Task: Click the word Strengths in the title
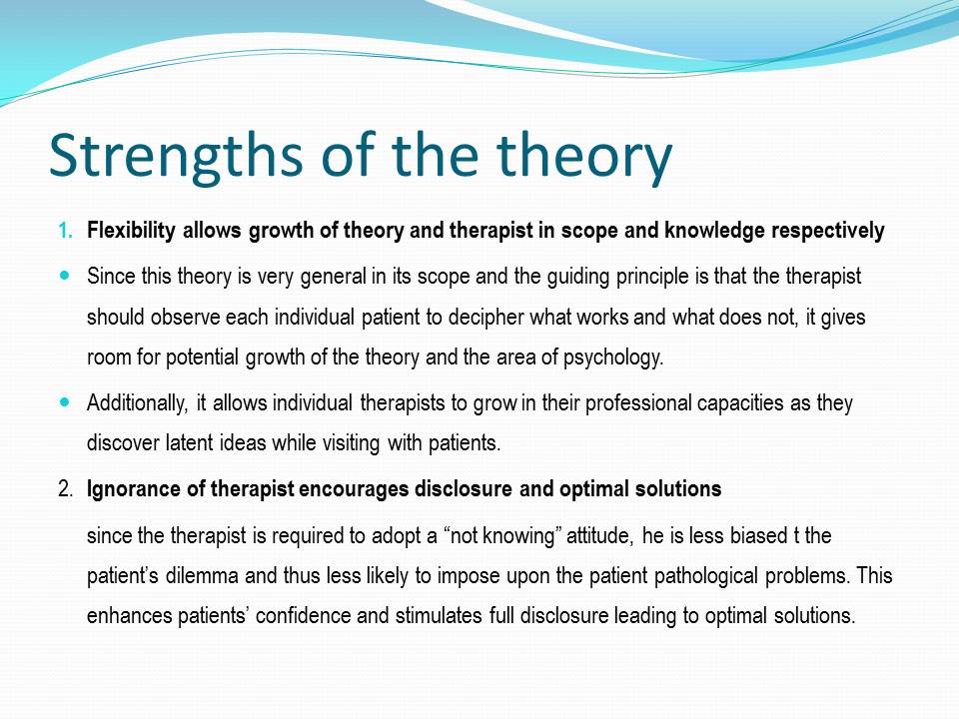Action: click(176, 157)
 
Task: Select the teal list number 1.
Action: click(65, 231)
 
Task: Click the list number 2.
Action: click(66, 489)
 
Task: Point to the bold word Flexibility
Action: click(131, 231)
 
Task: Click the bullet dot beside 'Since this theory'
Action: click(66, 276)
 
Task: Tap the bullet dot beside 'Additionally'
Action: click(66, 402)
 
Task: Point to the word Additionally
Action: click(137, 402)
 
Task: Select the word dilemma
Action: click(202, 576)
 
